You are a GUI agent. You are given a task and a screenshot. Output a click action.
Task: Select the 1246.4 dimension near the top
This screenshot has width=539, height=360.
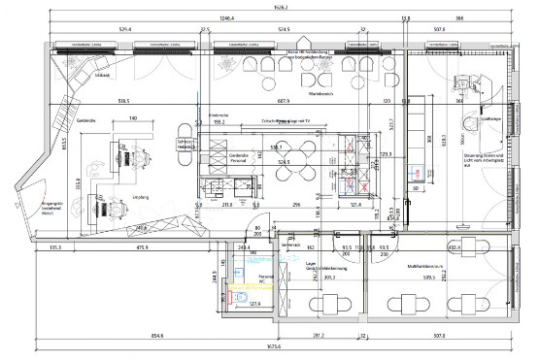[229, 18]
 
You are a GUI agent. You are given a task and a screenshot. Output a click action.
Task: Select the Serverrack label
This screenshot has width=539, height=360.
[289, 247]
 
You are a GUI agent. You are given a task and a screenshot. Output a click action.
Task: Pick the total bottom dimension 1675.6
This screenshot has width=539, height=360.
[275, 347]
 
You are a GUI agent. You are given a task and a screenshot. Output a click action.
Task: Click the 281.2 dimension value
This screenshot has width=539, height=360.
[317, 335]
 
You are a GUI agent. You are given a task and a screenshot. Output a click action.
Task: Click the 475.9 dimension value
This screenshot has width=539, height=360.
[146, 247]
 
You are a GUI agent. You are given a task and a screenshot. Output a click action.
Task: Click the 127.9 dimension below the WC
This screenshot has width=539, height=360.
[256, 306]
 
